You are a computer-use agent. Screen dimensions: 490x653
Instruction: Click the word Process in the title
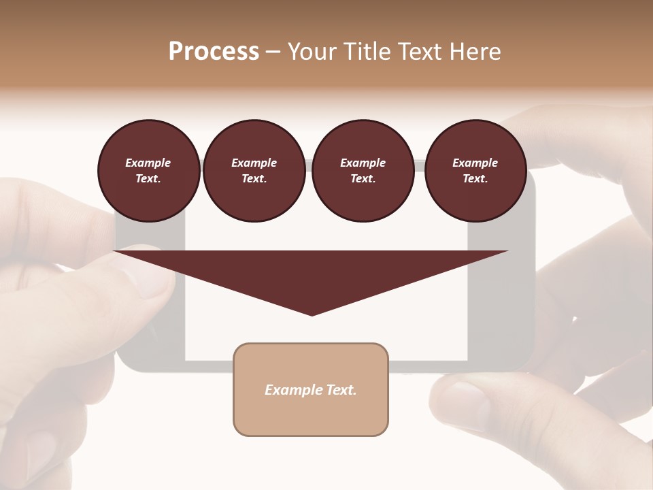pyautogui.click(x=214, y=52)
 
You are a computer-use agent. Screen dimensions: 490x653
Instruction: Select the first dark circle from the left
pyautogui.click(x=148, y=171)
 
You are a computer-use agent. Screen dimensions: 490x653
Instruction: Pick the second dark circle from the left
pyautogui.click(x=254, y=171)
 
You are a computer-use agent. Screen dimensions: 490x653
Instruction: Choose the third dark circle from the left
pyautogui.click(x=363, y=171)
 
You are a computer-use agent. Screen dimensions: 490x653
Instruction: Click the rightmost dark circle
pyautogui.click(x=475, y=171)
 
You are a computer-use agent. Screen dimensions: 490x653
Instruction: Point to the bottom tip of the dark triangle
pyautogui.click(x=312, y=315)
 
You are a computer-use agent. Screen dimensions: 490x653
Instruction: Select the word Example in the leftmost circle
pyautogui.click(x=148, y=163)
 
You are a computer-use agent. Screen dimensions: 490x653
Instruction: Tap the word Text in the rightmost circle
pyautogui.click(x=475, y=179)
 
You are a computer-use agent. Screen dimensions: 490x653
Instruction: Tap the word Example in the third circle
pyautogui.click(x=363, y=163)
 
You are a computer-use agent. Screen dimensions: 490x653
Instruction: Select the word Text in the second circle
pyautogui.click(x=254, y=179)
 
